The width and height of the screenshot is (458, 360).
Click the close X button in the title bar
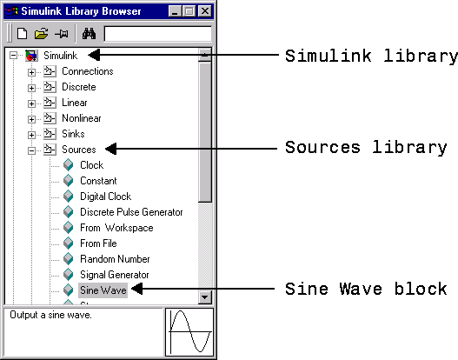pyautogui.click(x=205, y=11)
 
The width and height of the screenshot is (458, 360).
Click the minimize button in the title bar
pyautogui.click(x=175, y=11)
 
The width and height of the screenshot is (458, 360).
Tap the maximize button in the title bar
pyautogui.click(x=189, y=11)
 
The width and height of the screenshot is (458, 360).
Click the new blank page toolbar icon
pyautogui.click(x=23, y=33)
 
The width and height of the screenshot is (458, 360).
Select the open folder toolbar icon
pyautogui.click(x=42, y=34)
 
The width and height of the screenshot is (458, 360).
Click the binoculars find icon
pyautogui.click(x=89, y=34)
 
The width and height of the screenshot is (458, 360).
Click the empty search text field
pyautogui.click(x=157, y=34)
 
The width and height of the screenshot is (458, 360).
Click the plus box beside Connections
pyautogui.click(x=31, y=72)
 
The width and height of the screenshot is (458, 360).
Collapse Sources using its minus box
pyautogui.click(x=31, y=150)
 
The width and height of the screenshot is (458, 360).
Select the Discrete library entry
pyautogui.click(x=79, y=87)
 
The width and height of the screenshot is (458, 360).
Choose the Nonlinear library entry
pyautogui.click(x=82, y=118)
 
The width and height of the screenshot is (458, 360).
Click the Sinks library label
pyautogui.click(x=73, y=134)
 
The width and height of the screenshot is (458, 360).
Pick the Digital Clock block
pyautogui.click(x=105, y=197)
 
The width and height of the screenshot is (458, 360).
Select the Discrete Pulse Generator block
pyautogui.click(x=131, y=212)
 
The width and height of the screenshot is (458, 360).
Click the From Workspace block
pyautogui.click(x=116, y=228)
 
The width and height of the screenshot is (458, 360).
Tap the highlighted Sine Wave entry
pyautogui.click(x=103, y=290)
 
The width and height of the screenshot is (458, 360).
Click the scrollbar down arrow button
pyautogui.click(x=205, y=297)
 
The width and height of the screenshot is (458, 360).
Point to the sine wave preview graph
pyautogui.click(x=189, y=332)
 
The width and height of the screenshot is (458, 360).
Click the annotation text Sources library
pyautogui.click(x=366, y=148)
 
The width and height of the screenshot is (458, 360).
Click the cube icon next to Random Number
pyautogui.click(x=69, y=259)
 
